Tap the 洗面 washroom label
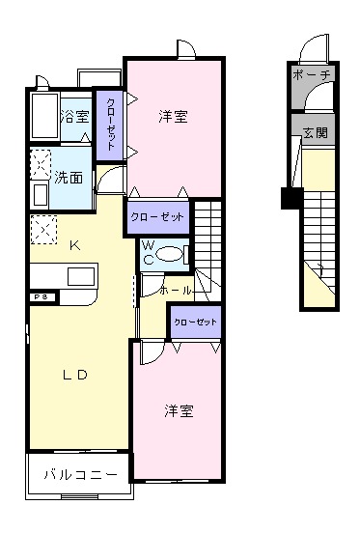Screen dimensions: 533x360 click(x=68, y=178)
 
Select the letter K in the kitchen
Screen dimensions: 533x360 click(x=74, y=245)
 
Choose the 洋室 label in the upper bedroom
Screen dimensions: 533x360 click(x=174, y=117)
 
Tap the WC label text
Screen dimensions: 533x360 click(x=150, y=253)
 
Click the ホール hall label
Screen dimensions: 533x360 click(x=175, y=289)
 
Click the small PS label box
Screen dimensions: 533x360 click(x=41, y=297)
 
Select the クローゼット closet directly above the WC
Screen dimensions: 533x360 click(x=156, y=217)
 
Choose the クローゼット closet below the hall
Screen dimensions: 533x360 click(x=196, y=321)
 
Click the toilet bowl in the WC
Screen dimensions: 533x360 click(x=170, y=254)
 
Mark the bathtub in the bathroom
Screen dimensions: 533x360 click(x=42, y=117)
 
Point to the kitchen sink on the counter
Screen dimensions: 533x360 click(x=80, y=276)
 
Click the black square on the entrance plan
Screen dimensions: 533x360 click(x=287, y=200)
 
